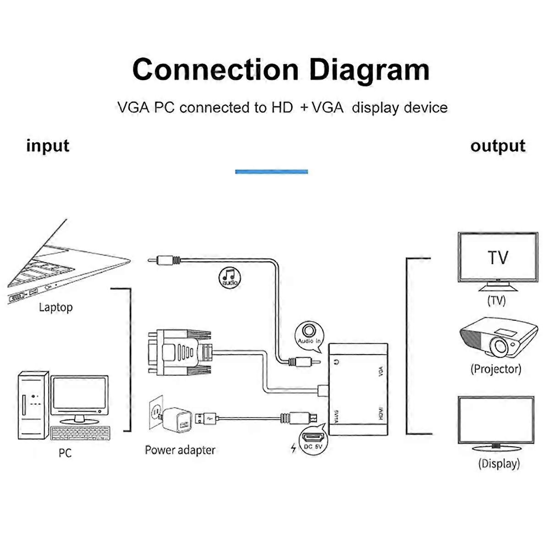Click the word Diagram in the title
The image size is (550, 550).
tap(369, 70)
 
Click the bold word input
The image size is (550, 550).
tap(48, 146)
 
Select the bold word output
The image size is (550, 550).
tap(497, 146)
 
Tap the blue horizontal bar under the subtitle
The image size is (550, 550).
tap(271, 171)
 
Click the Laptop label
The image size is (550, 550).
tap(55, 307)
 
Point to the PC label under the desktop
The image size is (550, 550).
tap(65, 453)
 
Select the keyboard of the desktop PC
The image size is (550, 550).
tap(81, 433)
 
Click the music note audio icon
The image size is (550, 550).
tap(229, 277)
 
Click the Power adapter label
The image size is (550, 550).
tap(180, 450)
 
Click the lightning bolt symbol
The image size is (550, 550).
tap(293, 448)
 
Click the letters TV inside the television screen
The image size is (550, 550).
tap(498, 258)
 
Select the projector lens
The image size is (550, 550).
tap(499, 347)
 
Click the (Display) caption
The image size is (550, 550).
tap(499, 464)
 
